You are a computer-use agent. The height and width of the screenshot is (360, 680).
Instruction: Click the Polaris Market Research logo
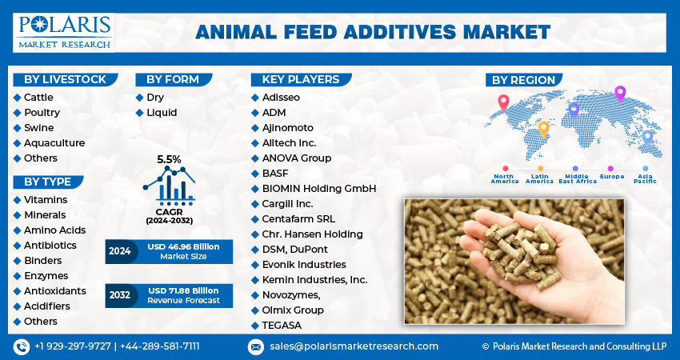pyautogui.click(x=64, y=33)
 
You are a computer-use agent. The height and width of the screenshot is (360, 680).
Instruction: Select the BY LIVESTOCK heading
pyautogui.click(x=65, y=79)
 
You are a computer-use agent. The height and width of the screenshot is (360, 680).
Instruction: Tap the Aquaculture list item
pyautogui.click(x=54, y=143)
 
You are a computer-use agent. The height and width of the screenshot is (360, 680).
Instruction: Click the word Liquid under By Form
pyautogui.click(x=162, y=113)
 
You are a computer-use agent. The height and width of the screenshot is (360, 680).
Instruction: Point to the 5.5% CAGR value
pyautogui.click(x=169, y=160)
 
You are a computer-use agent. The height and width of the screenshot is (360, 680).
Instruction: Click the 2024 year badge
pyautogui.click(x=120, y=251)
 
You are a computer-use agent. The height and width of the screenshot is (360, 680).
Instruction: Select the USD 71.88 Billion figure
pyautogui.click(x=183, y=290)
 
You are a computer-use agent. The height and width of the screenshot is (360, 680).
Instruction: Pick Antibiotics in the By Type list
pyautogui.click(x=50, y=246)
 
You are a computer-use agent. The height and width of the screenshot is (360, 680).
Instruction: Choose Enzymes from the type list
pyautogui.click(x=46, y=276)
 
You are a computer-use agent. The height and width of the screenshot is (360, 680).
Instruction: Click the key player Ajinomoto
pyautogui.click(x=287, y=128)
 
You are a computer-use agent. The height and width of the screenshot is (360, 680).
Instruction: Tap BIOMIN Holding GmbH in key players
pyautogui.click(x=318, y=189)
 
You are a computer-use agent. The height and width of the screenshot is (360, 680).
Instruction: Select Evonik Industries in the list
pyautogui.click(x=304, y=265)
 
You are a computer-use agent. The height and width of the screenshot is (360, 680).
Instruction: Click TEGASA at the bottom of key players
pyautogui.click(x=282, y=326)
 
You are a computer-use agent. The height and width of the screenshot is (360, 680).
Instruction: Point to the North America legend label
pyautogui.click(x=505, y=178)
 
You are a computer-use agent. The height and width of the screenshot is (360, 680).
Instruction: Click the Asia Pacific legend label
pyautogui.click(x=646, y=178)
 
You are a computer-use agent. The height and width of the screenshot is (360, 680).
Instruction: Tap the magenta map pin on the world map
pyautogui.click(x=620, y=94)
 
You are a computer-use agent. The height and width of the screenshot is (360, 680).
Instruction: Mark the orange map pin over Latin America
pyautogui.click(x=543, y=130)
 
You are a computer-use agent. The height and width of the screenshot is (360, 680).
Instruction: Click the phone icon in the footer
pyautogui.click(x=22, y=347)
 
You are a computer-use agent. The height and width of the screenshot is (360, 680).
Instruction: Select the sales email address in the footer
pyautogui.click(x=354, y=346)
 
